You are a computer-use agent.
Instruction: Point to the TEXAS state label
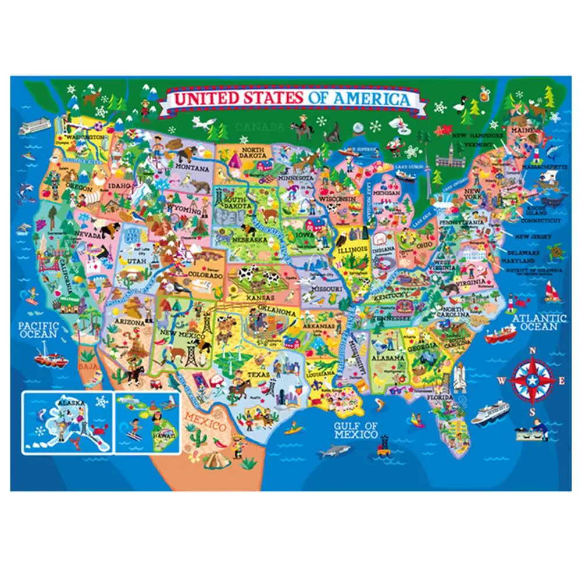click(x=259, y=375)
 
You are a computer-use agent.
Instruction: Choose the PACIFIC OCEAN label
click(x=37, y=330)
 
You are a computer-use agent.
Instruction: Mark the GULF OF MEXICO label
click(x=356, y=430)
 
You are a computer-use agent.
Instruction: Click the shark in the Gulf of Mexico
click(x=335, y=450)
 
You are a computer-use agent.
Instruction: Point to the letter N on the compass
click(x=531, y=351)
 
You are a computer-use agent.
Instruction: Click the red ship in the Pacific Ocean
click(x=50, y=357)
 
